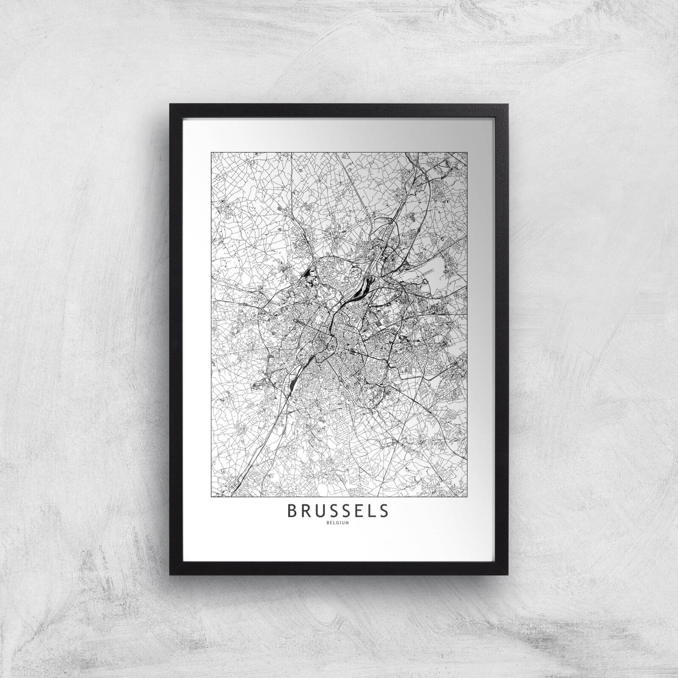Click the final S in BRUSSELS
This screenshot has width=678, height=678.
pyautogui.click(x=383, y=511)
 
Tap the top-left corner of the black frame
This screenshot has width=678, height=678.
pyautogui.click(x=170, y=104)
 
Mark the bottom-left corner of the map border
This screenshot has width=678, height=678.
pyautogui.click(x=211, y=496)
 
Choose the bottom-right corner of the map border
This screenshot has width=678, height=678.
pyautogui.click(x=468, y=496)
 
